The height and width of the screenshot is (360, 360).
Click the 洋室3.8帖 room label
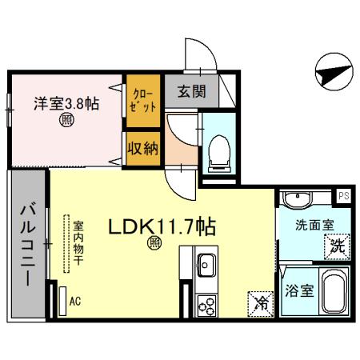(x=66, y=103)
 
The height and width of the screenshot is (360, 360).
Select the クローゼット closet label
(x=142, y=100)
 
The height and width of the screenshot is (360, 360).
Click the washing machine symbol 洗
(x=338, y=247)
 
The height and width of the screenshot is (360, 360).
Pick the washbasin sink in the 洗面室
(x=300, y=198)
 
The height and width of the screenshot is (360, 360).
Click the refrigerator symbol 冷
(x=260, y=302)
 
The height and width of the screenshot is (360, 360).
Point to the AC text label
(x=76, y=302)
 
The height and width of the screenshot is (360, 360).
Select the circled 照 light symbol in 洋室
(x=66, y=122)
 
